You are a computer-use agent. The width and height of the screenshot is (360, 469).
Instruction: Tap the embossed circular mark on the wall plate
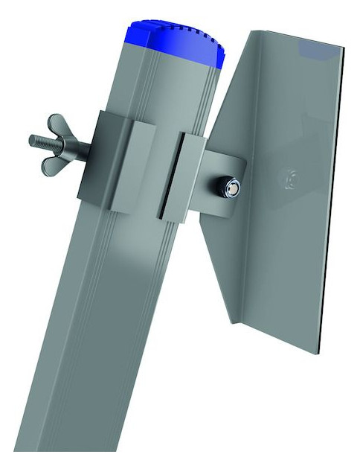[286, 179]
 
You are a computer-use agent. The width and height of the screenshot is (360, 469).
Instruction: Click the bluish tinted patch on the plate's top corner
[320, 49]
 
